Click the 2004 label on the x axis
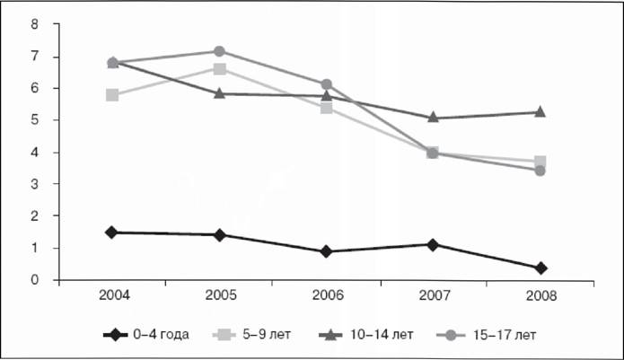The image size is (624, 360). coord(114,295)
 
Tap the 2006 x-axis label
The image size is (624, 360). coord(328,295)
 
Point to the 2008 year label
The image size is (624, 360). coord(541,296)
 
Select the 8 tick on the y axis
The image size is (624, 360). coord(35,24)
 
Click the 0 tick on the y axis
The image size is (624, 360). coord(35,279)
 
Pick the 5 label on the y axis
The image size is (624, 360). coord(35,119)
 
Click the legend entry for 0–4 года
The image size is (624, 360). coord(146,335)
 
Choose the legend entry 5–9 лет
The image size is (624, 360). coord(251,335)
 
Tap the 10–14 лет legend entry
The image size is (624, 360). coord(366,335)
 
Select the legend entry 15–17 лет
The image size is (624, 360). coord(487,335)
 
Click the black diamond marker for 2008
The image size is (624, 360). coord(541,268)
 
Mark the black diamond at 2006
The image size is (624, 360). coord(326,251)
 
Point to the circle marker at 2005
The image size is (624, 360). coord(219,51)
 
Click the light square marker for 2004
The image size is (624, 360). coord(112,95)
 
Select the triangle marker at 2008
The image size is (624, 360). coord(540,112)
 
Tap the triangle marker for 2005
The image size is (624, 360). coord(219,94)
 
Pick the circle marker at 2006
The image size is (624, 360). coord(327,84)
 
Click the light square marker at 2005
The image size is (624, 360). coord(219,69)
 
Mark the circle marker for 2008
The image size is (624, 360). coord(540,171)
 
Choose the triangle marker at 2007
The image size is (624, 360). coord(434,118)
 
